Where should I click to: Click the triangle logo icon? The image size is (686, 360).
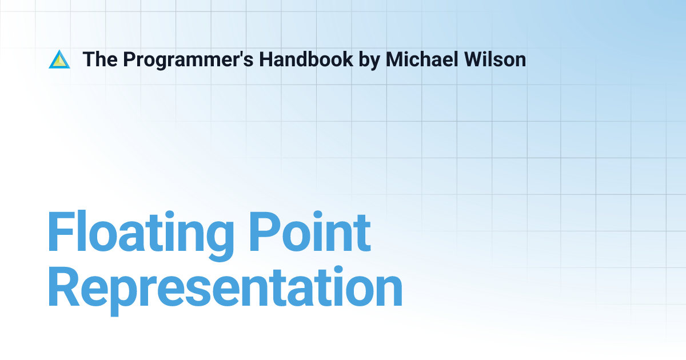[x=59, y=59]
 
